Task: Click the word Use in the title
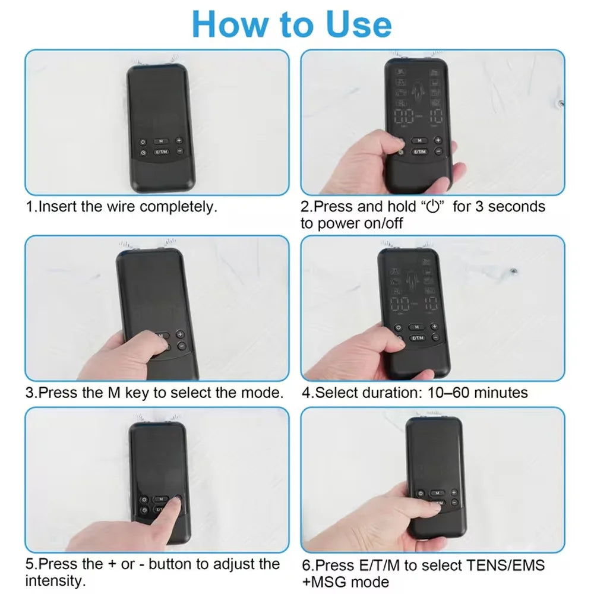click(x=358, y=24)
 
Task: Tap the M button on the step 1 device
click(x=161, y=141)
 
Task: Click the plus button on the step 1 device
click(x=179, y=141)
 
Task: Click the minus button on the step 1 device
click(x=180, y=151)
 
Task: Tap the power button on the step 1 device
click(x=143, y=142)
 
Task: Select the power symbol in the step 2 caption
click(x=432, y=207)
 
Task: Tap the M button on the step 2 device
click(x=419, y=141)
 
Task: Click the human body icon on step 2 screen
click(x=418, y=93)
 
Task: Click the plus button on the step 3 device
click(x=181, y=334)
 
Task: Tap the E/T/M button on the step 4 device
click(x=418, y=337)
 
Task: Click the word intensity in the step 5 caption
click(x=55, y=581)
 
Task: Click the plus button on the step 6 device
click(x=454, y=492)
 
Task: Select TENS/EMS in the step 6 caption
click(x=505, y=565)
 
